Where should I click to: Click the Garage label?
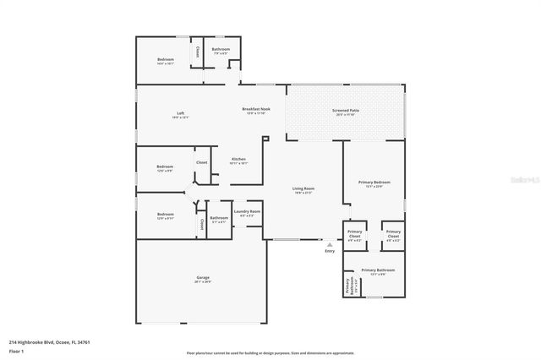203,277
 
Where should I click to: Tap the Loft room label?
180,113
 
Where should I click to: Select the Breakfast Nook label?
256,109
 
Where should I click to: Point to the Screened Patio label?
347,111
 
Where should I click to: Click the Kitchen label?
238,159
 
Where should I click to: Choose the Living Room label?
303,188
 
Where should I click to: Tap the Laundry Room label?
248,211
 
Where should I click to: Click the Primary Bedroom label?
374,182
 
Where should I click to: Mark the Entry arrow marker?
330,243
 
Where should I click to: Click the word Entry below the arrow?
330,251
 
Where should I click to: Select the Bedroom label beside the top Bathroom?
166,59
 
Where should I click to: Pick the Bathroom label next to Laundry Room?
219,218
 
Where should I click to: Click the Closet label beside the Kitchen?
202,161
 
